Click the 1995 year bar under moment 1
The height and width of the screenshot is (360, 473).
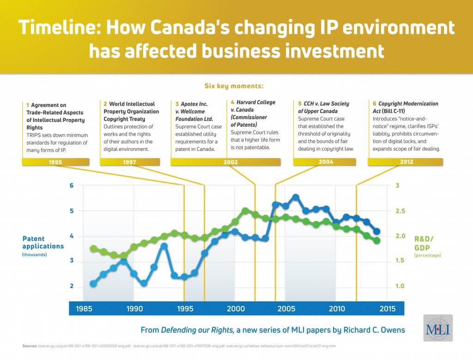click(55, 162)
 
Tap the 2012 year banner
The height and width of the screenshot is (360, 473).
click(405, 162)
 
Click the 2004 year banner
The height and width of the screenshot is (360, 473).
click(326, 162)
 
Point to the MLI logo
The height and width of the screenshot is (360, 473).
click(438, 328)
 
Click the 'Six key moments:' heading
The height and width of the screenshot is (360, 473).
click(234, 86)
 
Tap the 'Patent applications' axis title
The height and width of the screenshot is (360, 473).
click(43, 242)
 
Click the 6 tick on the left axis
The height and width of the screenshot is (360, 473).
click(72, 186)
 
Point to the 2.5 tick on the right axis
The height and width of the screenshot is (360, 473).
click(400, 211)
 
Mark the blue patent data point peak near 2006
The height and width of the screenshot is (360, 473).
click(296, 198)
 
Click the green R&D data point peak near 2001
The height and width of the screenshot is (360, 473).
click(245, 211)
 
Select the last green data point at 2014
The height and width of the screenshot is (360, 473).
click(376, 240)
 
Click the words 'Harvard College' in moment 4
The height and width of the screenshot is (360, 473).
click(252, 102)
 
